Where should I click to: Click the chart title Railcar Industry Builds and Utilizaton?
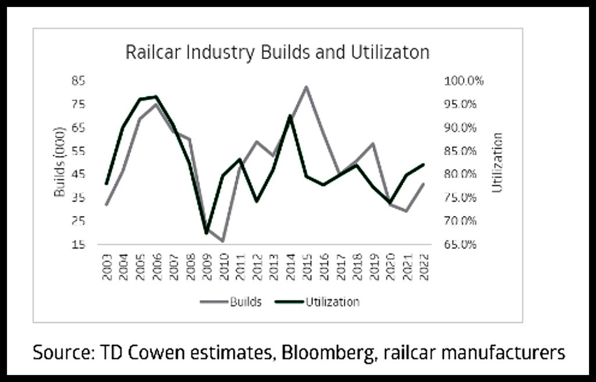(x=277, y=52)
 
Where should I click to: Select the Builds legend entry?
(x=245, y=302)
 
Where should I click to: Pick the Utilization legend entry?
(x=332, y=302)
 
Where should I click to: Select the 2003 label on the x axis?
(x=107, y=268)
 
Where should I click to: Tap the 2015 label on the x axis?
(x=306, y=268)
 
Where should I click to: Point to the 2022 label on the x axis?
(x=423, y=268)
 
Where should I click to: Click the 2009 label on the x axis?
(x=207, y=268)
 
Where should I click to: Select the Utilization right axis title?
(x=496, y=162)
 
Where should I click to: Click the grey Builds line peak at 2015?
(x=306, y=87)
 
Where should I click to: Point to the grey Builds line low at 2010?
(x=223, y=241)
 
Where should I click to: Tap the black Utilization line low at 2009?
(x=207, y=233)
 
